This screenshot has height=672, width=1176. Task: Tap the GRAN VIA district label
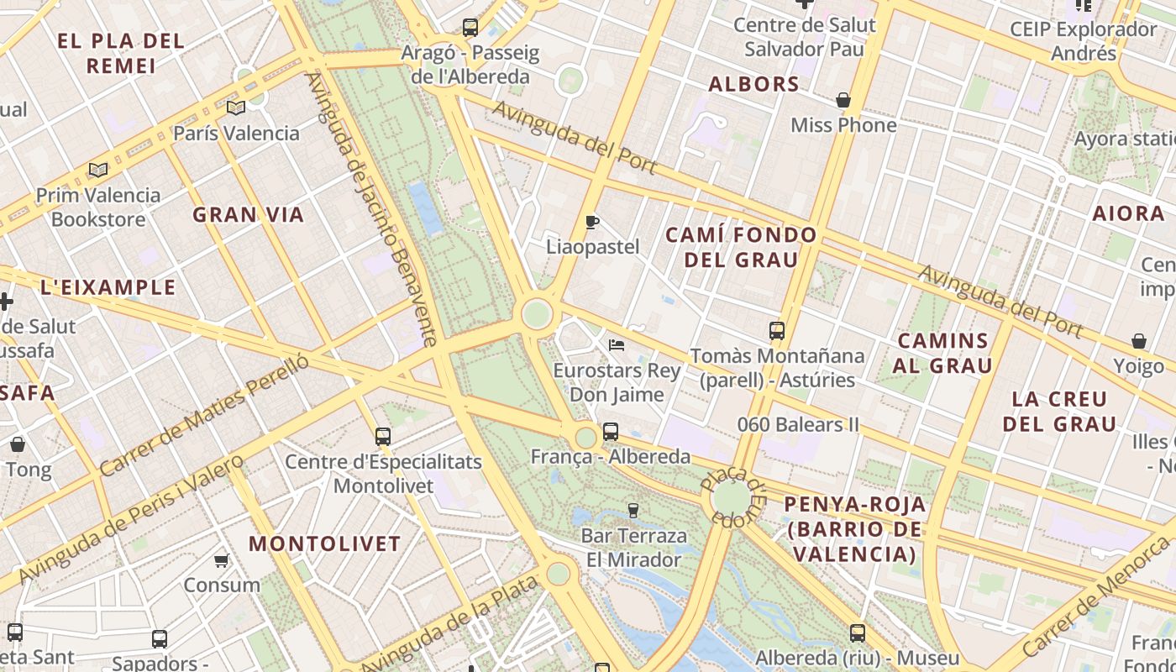[x=248, y=215]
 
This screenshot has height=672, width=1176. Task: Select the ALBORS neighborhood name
[x=753, y=84]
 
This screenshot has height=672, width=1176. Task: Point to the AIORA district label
[x=1128, y=213]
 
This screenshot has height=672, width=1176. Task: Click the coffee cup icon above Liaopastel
[x=592, y=223]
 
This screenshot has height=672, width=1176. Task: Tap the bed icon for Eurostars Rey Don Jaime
[x=617, y=345]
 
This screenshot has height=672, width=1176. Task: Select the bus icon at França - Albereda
[x=611, y=432]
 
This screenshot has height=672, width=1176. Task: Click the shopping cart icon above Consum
[x=222, y=560]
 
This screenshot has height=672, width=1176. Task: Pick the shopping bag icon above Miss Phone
[x=843, y=101]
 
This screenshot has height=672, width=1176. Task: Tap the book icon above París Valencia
[x=236, y=108]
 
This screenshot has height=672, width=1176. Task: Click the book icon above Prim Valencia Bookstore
[x=98, y=170]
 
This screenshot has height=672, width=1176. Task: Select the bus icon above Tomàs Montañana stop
[x=777, y=331]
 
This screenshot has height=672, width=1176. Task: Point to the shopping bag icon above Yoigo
[x=1139, y=341]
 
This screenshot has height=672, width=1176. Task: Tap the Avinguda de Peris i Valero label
[x=130, y=519]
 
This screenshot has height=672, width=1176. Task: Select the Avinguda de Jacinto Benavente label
[x=371, y=210]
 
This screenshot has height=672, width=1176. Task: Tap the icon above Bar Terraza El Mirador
[x=633, y=510]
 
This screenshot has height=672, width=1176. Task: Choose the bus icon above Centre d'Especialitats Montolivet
[x=383, y=437]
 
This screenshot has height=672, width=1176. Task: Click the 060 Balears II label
[x=798, y=425]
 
